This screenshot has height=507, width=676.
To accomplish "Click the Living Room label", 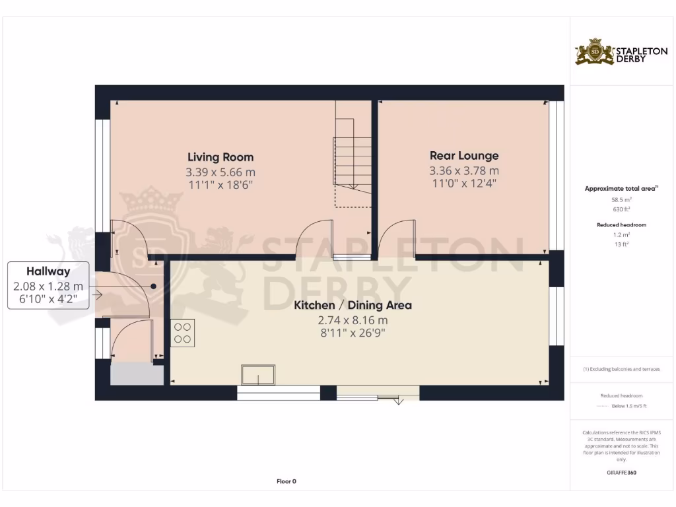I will (x=220, y=157).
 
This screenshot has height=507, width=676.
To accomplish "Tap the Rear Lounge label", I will (x=464, y=156).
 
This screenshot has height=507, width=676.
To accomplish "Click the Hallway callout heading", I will (x=48, y=271).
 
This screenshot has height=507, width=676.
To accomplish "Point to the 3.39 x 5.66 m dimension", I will (x=220, y=172).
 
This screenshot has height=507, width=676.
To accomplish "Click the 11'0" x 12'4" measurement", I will (x=464, y=184).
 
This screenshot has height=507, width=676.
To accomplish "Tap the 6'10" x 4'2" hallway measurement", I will (x=48, y=299).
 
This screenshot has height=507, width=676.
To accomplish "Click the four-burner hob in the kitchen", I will (x=182, y=333).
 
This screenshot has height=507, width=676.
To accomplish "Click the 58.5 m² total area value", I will (x=621, y=198).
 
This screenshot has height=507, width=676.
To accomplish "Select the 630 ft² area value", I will (x=621, y=209).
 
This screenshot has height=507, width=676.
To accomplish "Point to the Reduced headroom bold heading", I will (x=621, y=225).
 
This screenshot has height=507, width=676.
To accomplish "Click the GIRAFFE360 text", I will (x=621, y=473).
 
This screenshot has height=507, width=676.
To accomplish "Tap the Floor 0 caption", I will (x=286, y=481).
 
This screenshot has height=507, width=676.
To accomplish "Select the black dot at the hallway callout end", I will (x=154, y=287).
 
